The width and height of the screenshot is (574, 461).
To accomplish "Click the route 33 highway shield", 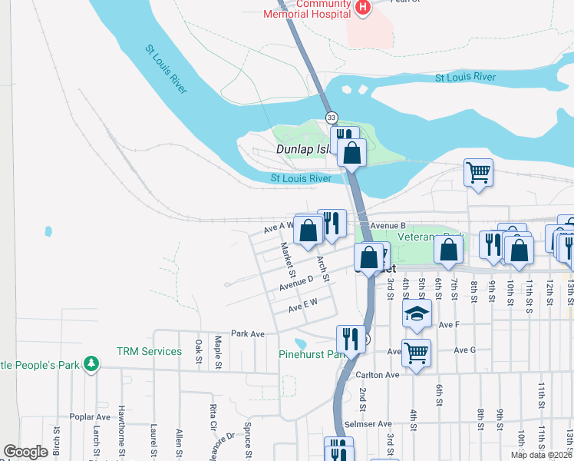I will tap(331, 118).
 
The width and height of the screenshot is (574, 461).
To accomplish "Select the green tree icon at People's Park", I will tap(91, 363).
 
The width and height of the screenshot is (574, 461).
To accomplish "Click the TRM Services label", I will tap(149, 351).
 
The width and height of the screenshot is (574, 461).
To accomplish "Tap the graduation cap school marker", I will tap(417, 313).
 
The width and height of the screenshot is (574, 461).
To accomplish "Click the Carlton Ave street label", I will tap(378, 375).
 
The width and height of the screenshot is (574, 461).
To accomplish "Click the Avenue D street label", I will tap(296, 283).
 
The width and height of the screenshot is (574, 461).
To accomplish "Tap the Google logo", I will tap(26, 452).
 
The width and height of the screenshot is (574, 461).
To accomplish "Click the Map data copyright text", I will tap(541, 455).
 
